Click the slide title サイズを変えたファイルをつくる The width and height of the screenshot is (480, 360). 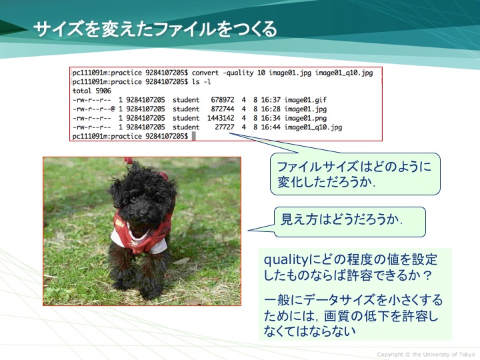click(x=155, y=29)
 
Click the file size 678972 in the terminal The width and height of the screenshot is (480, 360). click(x=223, y=100)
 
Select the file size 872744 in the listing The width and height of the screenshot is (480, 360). click(x=223, y=109)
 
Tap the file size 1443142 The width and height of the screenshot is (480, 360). click(x=221, y=118)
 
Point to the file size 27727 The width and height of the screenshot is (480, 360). click(x=225, y=127)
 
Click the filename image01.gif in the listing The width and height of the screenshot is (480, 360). click(x=305, y=100)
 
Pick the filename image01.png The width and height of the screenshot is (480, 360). click(x=305, y=118)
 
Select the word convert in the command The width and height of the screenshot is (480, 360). click(x=205, y=73)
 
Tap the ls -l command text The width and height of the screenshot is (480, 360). click(x=201, y=82)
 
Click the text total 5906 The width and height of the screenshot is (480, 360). click(x=92, y=91)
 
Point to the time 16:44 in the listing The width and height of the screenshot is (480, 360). click(x=271, y=127)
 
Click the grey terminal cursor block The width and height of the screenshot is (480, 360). click(x=194, y=136)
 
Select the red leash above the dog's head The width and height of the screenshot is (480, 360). click(x=128, y=161)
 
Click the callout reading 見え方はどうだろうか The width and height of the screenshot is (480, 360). click(x=349, y=222)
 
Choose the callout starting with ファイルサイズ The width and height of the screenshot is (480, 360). click(x=355, y=174)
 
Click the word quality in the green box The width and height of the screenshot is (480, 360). click(x=285, y=260)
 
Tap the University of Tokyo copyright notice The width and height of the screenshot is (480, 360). click(x=426, y=355)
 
